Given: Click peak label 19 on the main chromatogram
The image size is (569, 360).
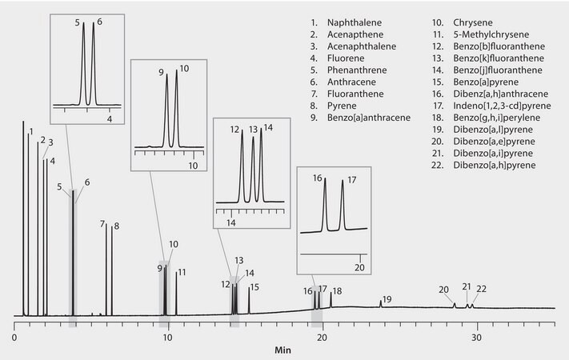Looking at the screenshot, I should tap(387, 299).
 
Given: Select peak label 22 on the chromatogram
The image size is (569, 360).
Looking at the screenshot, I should tap(481, 289).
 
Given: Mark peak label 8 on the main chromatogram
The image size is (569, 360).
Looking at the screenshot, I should tap(116, 226).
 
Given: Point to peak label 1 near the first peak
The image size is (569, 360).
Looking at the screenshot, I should tap(30, 131).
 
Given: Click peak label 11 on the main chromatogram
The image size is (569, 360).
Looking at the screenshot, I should tap(182, 272).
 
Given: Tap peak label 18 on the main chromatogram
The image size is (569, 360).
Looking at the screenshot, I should tap(337, 291).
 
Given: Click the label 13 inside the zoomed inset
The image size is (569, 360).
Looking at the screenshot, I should tap(253, 129).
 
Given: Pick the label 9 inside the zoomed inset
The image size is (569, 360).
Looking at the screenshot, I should tap(161, 72).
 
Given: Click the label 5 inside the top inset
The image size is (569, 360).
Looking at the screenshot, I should tap(79, 23).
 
